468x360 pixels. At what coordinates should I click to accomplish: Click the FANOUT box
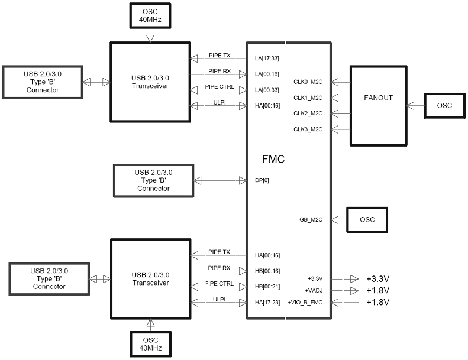pos(379,106)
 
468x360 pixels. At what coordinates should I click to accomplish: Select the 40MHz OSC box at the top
pos(150,16)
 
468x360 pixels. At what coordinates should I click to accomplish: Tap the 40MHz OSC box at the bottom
pos(150,344)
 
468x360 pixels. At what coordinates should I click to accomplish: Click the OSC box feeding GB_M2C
pos(367,220)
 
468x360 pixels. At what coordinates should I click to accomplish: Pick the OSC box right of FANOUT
pos(445,106)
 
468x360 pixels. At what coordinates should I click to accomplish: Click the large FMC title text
pos(273,159)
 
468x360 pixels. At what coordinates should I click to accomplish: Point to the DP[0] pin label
pos(262,180)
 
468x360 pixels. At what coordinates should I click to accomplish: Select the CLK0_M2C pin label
pos(308,82)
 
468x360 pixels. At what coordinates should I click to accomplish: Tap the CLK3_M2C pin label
pos(308,129)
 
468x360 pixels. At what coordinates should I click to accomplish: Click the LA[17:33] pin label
pos(267,59)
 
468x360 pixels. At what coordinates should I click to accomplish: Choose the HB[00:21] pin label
pos(267,287)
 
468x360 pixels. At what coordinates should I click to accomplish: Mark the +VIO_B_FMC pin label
pos(305,303)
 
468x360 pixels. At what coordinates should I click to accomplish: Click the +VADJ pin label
pos(314,290)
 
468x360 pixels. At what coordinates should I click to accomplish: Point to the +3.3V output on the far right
pos(378,279)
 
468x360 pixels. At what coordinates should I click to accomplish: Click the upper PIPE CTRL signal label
pos(220,86)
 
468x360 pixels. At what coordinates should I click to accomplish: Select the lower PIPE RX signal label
pos(220,268)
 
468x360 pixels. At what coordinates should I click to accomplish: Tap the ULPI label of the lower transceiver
pos(220,299)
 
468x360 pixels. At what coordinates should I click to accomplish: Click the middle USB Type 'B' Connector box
pos(154,181)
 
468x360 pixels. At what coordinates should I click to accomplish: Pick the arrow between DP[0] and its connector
pos(221,180)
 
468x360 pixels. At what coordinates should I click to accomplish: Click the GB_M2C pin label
pos(311,219)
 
